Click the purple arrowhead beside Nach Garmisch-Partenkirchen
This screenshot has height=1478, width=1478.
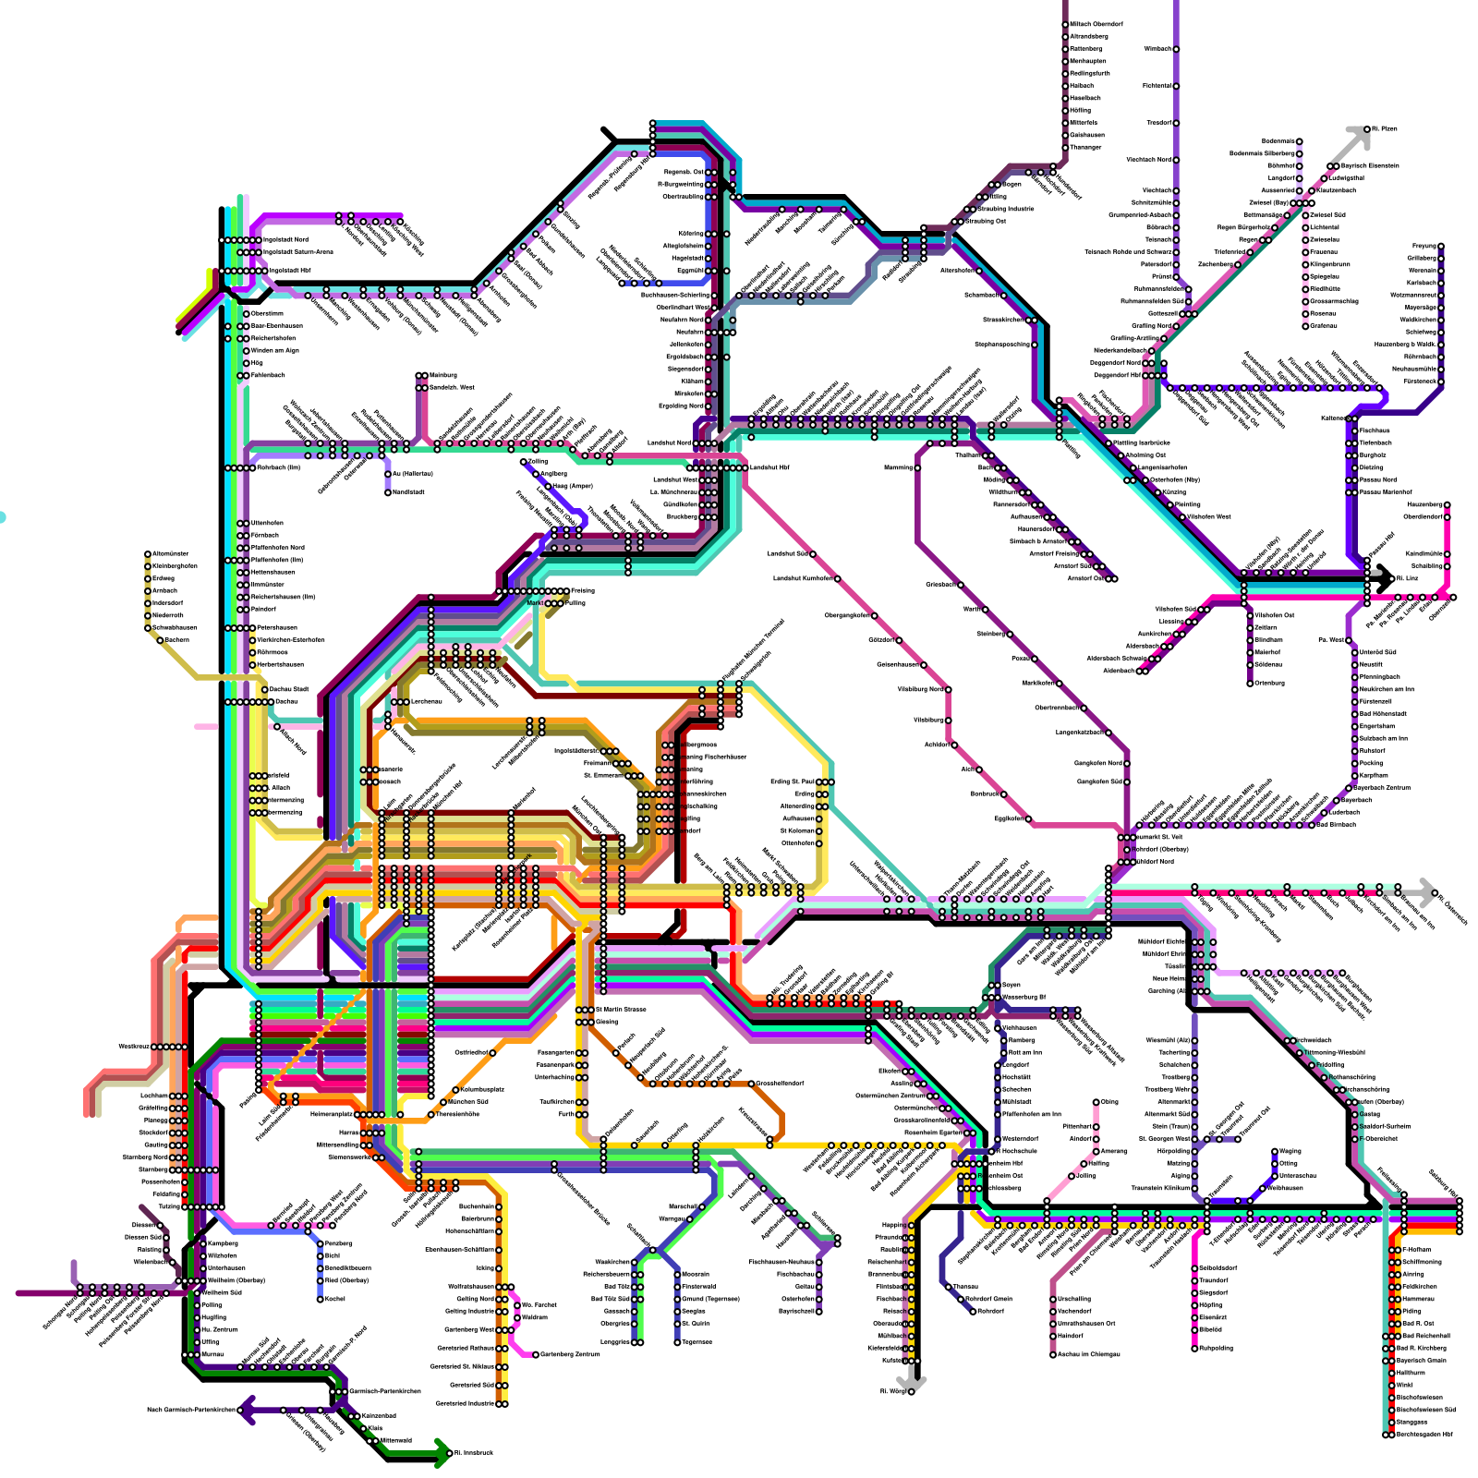[x=246, y=1411]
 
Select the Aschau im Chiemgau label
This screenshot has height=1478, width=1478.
[x=1088, y=1354]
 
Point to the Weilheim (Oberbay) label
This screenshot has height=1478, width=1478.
[x=236, y=1280]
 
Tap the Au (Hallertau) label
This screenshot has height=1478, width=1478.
[x=412, y=474]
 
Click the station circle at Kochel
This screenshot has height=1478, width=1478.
[x=321, y=1299]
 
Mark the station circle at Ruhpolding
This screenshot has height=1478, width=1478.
[x=1194, y=1348]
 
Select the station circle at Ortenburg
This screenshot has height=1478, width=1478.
[x=1251, y=683]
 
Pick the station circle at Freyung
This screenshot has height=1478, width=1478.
[x=1440, y=247]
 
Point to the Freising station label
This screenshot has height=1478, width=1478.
[x=582, y=590]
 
